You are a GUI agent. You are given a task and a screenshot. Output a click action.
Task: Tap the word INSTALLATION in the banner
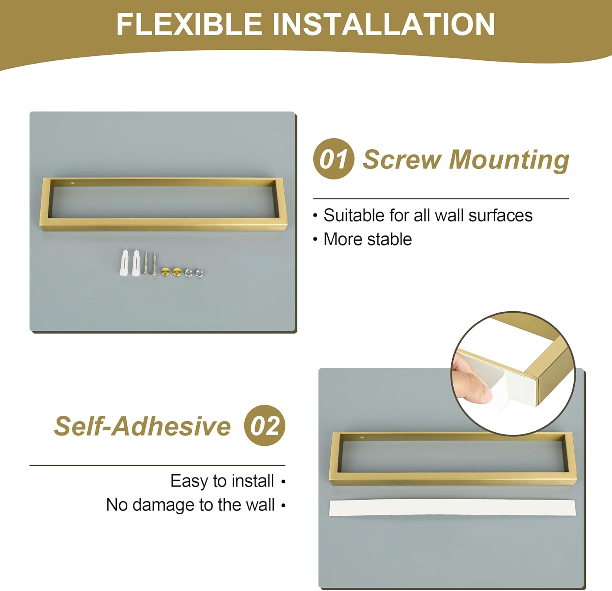[384, 24]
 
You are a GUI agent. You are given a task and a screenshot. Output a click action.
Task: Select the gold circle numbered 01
[334, 159]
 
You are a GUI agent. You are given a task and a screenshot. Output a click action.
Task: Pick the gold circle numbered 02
[264, 425]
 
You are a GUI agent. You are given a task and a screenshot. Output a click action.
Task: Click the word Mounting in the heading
[509, 160]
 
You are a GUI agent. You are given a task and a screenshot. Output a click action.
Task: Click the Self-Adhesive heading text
[142, 426]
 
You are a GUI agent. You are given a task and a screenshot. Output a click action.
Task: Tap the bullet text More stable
[368, 239]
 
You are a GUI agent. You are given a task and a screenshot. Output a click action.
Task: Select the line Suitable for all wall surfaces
[428, 215]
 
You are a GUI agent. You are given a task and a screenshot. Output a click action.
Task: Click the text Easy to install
[222, 481]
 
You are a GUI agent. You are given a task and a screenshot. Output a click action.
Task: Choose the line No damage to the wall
[190, 505]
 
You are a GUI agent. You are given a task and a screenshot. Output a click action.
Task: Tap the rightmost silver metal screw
[155, 264]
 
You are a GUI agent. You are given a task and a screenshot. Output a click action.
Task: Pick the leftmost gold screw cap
[166, 272]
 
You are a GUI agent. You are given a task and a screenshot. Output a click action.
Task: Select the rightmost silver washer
[199, 272]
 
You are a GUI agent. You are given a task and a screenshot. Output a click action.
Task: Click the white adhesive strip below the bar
[452, 508]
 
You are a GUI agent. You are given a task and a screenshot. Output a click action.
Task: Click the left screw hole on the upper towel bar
[73, 183]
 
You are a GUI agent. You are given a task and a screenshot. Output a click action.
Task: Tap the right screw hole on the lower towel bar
[543, 438]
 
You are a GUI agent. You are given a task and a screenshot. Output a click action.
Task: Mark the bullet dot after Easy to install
[283, 483]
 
